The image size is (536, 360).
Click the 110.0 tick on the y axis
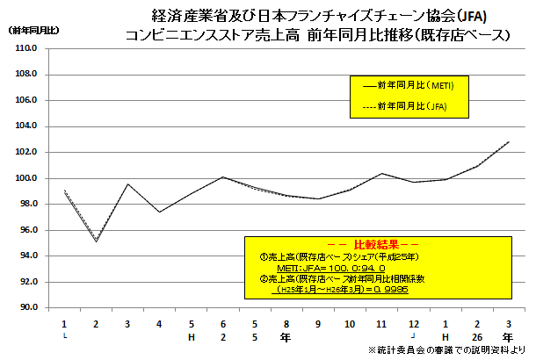[x=25, y=48]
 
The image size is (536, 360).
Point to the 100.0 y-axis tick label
[x=25, y=178]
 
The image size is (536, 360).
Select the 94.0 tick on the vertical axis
[x=25, y=256]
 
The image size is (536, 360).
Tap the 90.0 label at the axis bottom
[x=25, y=308]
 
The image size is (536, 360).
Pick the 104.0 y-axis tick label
[x=25, y=126]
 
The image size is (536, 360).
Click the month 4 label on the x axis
[x=159, y=323]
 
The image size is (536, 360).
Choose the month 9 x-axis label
[x=317, y=323]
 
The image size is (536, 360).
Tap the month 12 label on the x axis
[x=412, y=323]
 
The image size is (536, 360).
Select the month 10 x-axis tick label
[x=349, y=323]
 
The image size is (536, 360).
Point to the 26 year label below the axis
[x=476, y=335]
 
